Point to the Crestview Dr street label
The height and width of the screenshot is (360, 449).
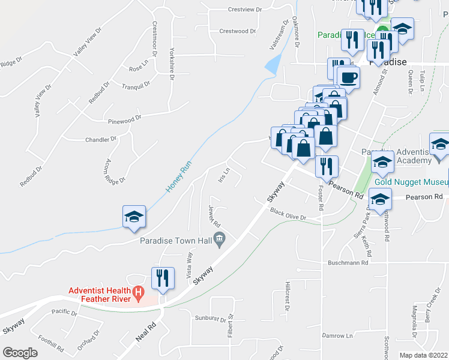coord(246,10)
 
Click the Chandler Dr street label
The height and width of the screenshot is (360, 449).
coord(100,139)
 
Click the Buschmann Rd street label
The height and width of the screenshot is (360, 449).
coord(348,263)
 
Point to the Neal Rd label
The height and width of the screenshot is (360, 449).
coord(146,332)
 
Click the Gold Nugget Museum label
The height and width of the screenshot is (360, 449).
coord(412,182)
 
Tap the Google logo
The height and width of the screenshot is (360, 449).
coord(20,353)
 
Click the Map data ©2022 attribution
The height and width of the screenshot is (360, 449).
coord(423,355)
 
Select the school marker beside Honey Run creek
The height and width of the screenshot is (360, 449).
coord(134,217)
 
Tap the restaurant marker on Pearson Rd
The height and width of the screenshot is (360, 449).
coord(327,166)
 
